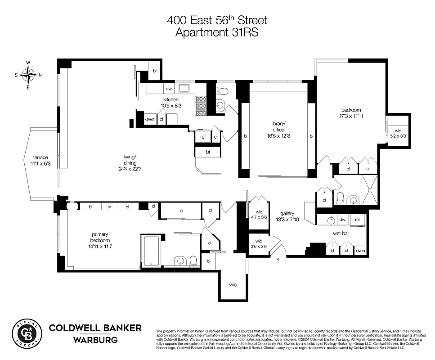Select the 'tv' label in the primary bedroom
109,207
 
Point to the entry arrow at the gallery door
278,260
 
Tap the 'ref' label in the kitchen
203,137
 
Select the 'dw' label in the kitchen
169,89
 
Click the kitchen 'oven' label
150,119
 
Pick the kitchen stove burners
201,106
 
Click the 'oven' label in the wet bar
360,250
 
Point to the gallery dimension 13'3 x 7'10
287,220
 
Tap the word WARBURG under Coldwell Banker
95,340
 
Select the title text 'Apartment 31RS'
217,32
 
